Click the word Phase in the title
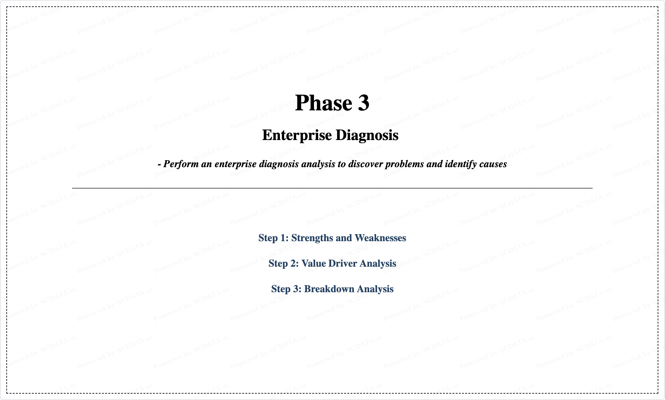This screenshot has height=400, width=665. click(324, 103)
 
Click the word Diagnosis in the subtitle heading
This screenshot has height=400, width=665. click(367, 135)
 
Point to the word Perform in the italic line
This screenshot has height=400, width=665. click(181, 164)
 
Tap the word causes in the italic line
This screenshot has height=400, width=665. click(493, 164)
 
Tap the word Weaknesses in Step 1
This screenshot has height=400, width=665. click(380, 238)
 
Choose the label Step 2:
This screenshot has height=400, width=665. click(284, 263)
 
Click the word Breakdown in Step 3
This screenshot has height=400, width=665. click(329, 289)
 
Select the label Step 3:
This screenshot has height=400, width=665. click(286, 289)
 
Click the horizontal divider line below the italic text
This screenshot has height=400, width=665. click(332, 188)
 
